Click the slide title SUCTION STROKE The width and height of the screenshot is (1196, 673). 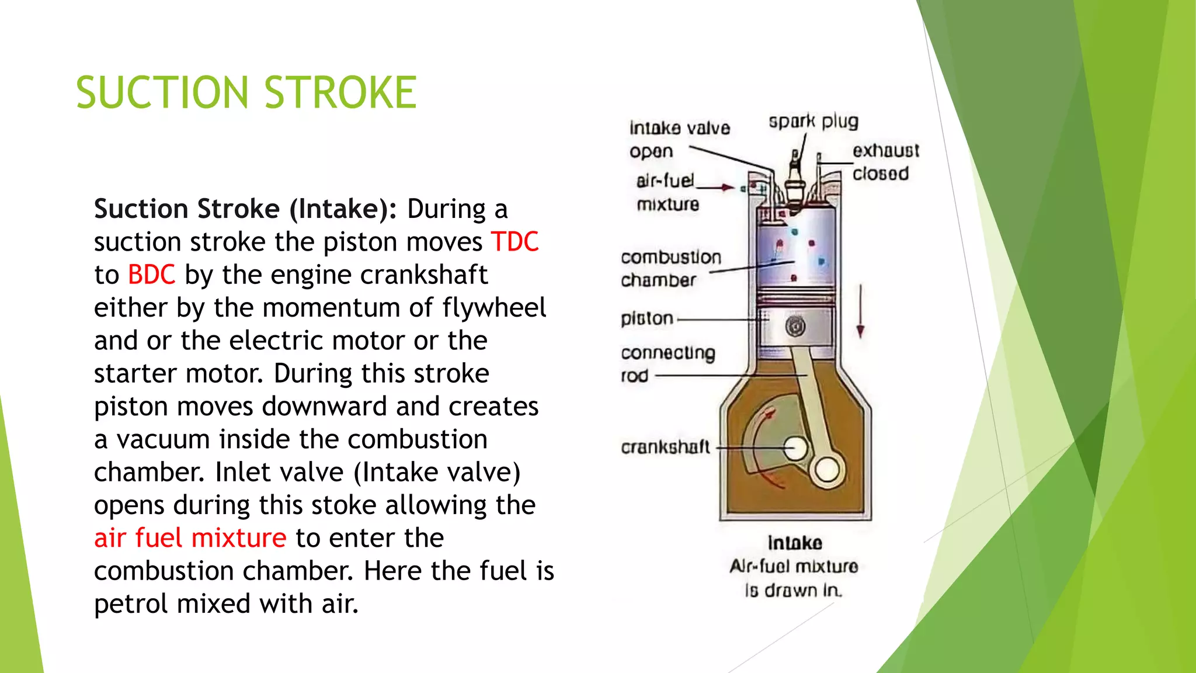pyautogui.click(x=246, y=92)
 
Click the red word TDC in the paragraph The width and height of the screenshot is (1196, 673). pyautogui.click(x=514, y=242)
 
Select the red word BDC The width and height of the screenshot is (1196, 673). pyautogui.click(x=151, y=275)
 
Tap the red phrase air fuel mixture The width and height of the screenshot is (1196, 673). pyautogui.click(x=190, y=538)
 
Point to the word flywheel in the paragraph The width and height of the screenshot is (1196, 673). pyautogui.click(x=494, y=308)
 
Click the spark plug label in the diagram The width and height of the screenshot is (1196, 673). pyautogui.click(x=813, y=122)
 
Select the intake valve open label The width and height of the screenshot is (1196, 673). pyautogui.click(x=679, y=139)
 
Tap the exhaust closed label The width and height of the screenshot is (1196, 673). pyautogui.click(x=885, y=162)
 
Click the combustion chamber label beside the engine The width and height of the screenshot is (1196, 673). pyautogui.click(x=670, y=269)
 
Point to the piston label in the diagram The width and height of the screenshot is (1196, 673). pyautogui.click(x=647, y=319)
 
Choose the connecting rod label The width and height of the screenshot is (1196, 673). pyautogui.click(x=667, y=363)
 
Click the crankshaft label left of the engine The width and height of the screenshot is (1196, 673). pyautogui.click(x=665, y=447)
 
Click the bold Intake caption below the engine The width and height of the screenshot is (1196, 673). pyautogui.click(x=795, y=543)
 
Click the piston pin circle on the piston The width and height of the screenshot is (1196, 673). pyautogui.click(x=795, y=326)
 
